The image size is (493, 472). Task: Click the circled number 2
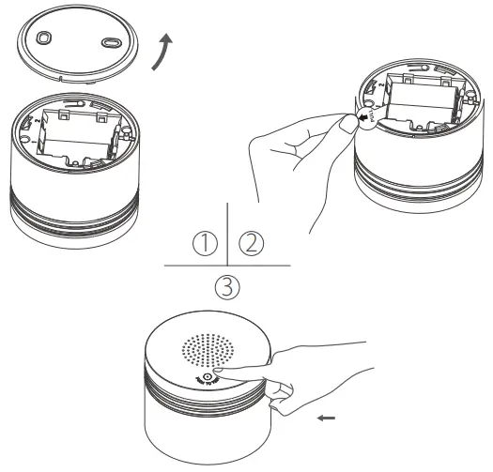[x=251, y=244]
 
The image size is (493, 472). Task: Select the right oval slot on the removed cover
[x=110, y=43]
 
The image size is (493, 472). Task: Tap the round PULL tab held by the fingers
[x=368, y=119]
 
